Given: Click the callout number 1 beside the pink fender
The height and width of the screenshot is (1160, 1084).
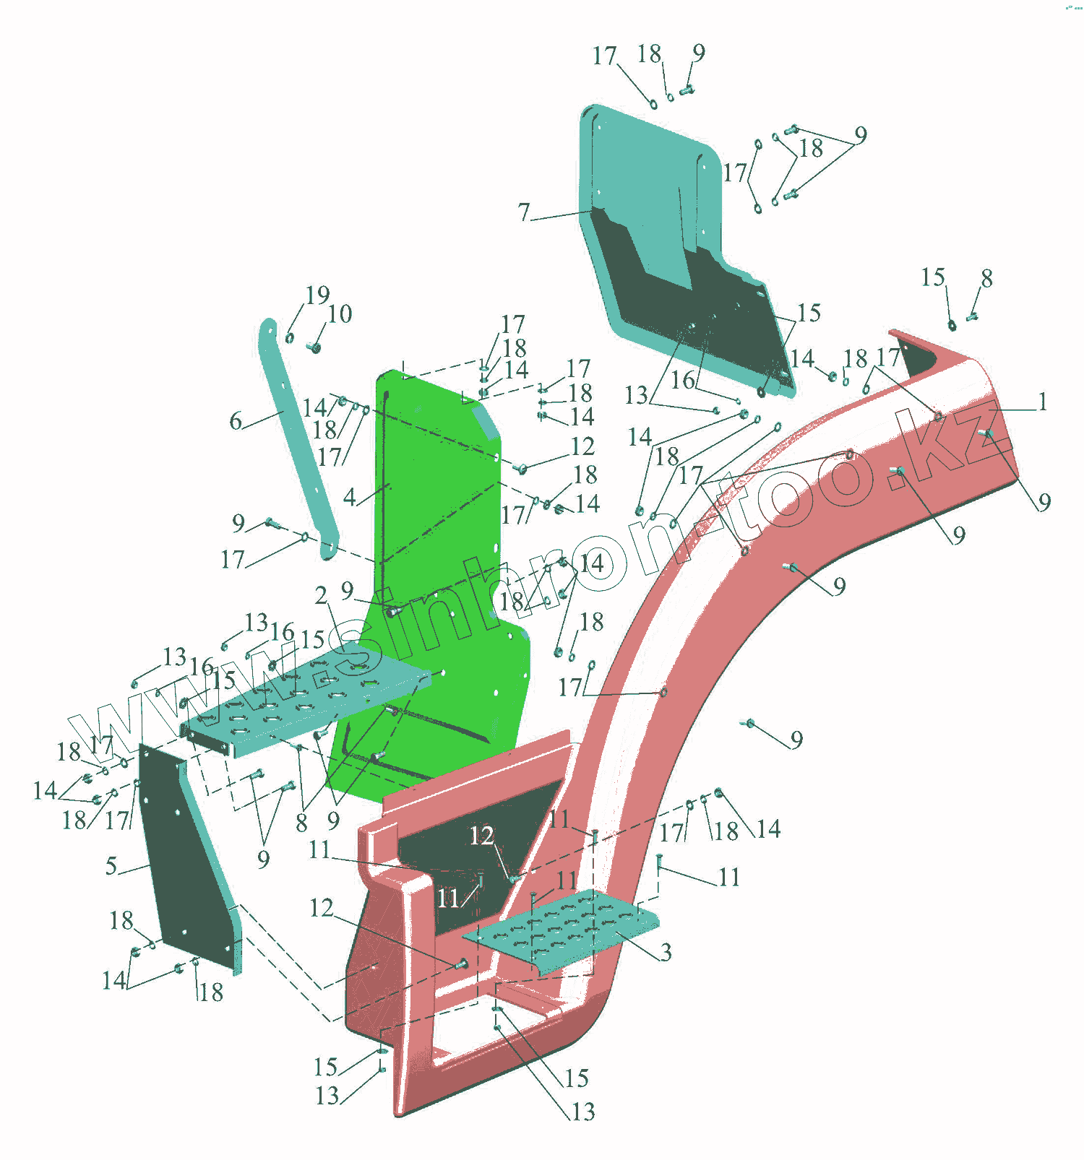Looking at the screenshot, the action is point(1042,402).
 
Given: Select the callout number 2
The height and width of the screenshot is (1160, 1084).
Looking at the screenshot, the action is point(321,595).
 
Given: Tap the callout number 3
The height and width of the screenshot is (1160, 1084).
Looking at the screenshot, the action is point(666,952).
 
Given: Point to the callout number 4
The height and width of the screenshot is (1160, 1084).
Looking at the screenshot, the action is point(350,497).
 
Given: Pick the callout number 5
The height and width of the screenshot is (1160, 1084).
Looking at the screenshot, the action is point(111,865).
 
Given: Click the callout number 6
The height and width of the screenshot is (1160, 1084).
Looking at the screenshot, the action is point(236,421).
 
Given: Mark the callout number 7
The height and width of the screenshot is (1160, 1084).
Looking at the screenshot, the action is point(524,212).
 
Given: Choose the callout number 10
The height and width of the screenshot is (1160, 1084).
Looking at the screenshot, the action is point(340,314).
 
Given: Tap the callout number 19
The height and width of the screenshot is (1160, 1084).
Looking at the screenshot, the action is point(317,295).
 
